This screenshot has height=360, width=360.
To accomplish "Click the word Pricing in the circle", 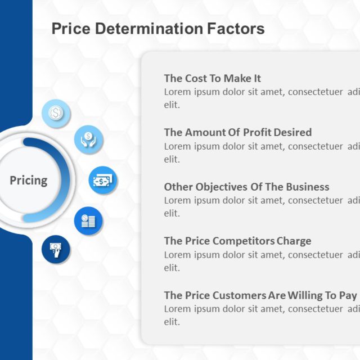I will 29,181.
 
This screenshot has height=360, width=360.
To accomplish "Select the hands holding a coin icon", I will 88,138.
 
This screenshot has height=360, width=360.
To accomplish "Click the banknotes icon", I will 102,181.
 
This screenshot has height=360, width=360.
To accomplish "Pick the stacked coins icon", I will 88,221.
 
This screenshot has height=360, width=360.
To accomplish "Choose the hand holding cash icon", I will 56,249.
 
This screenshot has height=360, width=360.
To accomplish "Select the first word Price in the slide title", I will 68,29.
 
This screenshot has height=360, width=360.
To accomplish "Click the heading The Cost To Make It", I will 212,79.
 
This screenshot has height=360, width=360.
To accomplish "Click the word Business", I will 308,187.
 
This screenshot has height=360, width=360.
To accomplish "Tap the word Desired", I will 292,133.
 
